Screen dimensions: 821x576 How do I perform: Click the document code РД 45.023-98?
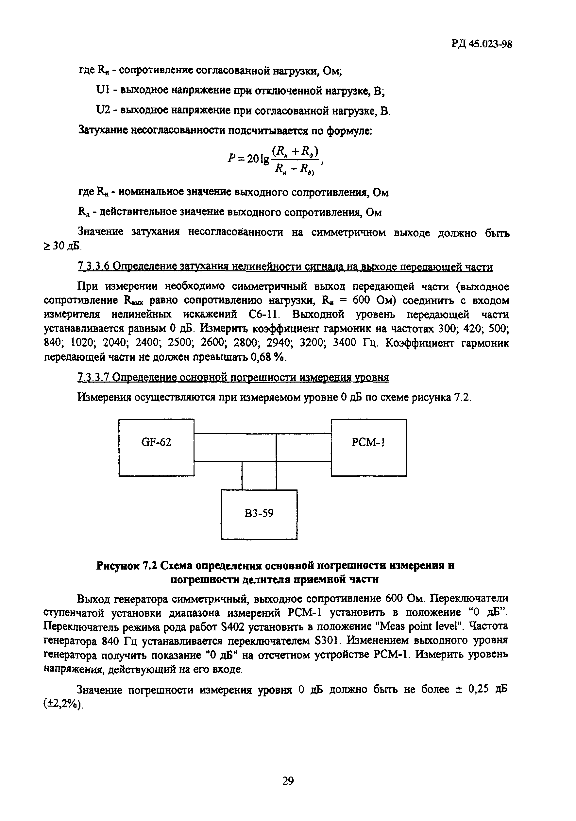coord(481,44)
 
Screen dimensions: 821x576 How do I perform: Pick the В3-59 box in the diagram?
coord(259,514)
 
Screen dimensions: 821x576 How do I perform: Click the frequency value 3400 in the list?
coord(346,343)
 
